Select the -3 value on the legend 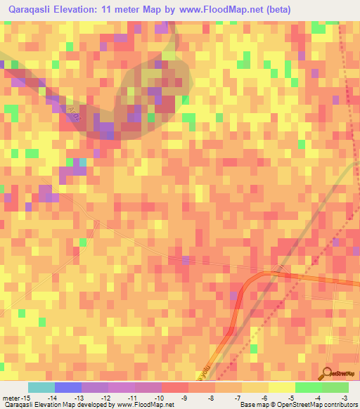(x=345, y=398)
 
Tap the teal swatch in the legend (x=41, y=387)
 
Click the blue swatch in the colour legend (x=68, y=387)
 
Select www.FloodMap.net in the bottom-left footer (x=143, y=405)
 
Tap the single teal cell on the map (x=82, y=162)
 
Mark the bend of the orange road (x=257, y=275)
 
